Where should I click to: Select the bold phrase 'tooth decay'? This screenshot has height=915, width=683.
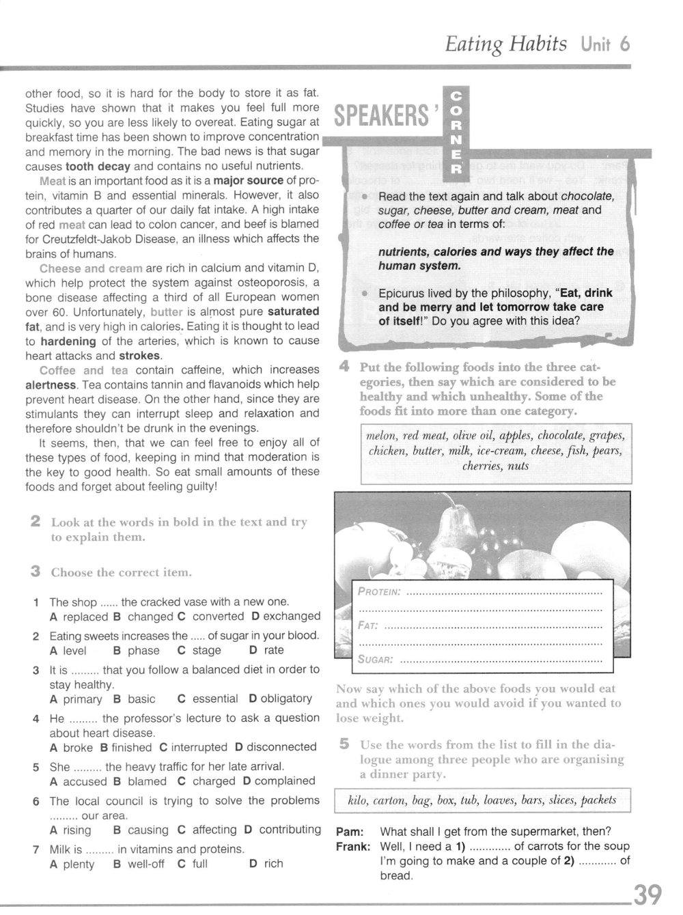94,166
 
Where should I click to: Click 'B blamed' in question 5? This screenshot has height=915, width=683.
140,781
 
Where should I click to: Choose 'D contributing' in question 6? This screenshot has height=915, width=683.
282,830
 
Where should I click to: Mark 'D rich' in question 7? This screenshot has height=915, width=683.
266,864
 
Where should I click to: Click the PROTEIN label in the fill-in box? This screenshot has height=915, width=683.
379,591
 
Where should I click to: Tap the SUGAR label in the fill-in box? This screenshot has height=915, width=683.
376,660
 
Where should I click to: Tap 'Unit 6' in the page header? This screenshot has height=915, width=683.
605,44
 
